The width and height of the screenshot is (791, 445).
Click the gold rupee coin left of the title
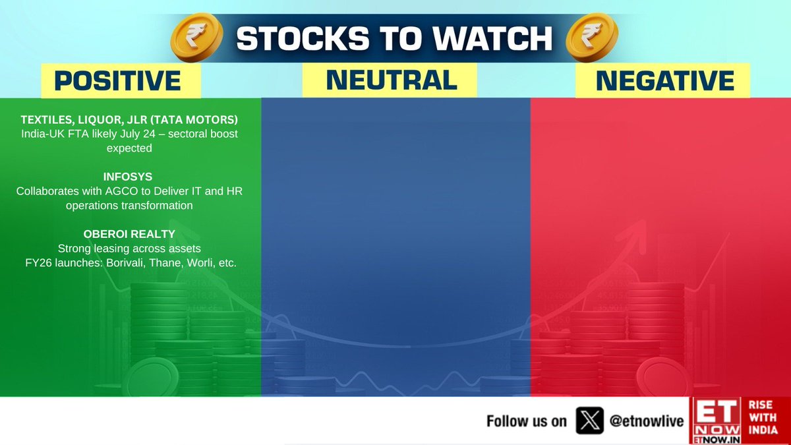(x=196, y=38)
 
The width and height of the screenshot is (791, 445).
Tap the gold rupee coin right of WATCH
(x=592, y=38)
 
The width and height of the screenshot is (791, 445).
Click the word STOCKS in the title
(x=303, y=38)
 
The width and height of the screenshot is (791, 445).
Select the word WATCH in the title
(x=492, y=38)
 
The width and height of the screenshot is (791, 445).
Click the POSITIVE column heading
(x=117, y=81)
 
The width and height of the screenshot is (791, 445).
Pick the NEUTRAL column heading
(x=392, y=80)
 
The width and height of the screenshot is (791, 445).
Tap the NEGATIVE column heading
(x=665, y=81)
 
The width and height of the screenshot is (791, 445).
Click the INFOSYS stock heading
(x=128, y=177)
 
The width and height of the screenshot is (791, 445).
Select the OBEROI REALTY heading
(x=129, y=234)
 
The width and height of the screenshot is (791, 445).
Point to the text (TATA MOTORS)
(x=194, y=120)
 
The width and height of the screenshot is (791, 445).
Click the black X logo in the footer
(x=589, y=421)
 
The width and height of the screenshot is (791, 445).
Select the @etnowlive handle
(x=647, y=421)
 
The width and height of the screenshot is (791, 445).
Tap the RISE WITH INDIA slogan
(x=763, y=417)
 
